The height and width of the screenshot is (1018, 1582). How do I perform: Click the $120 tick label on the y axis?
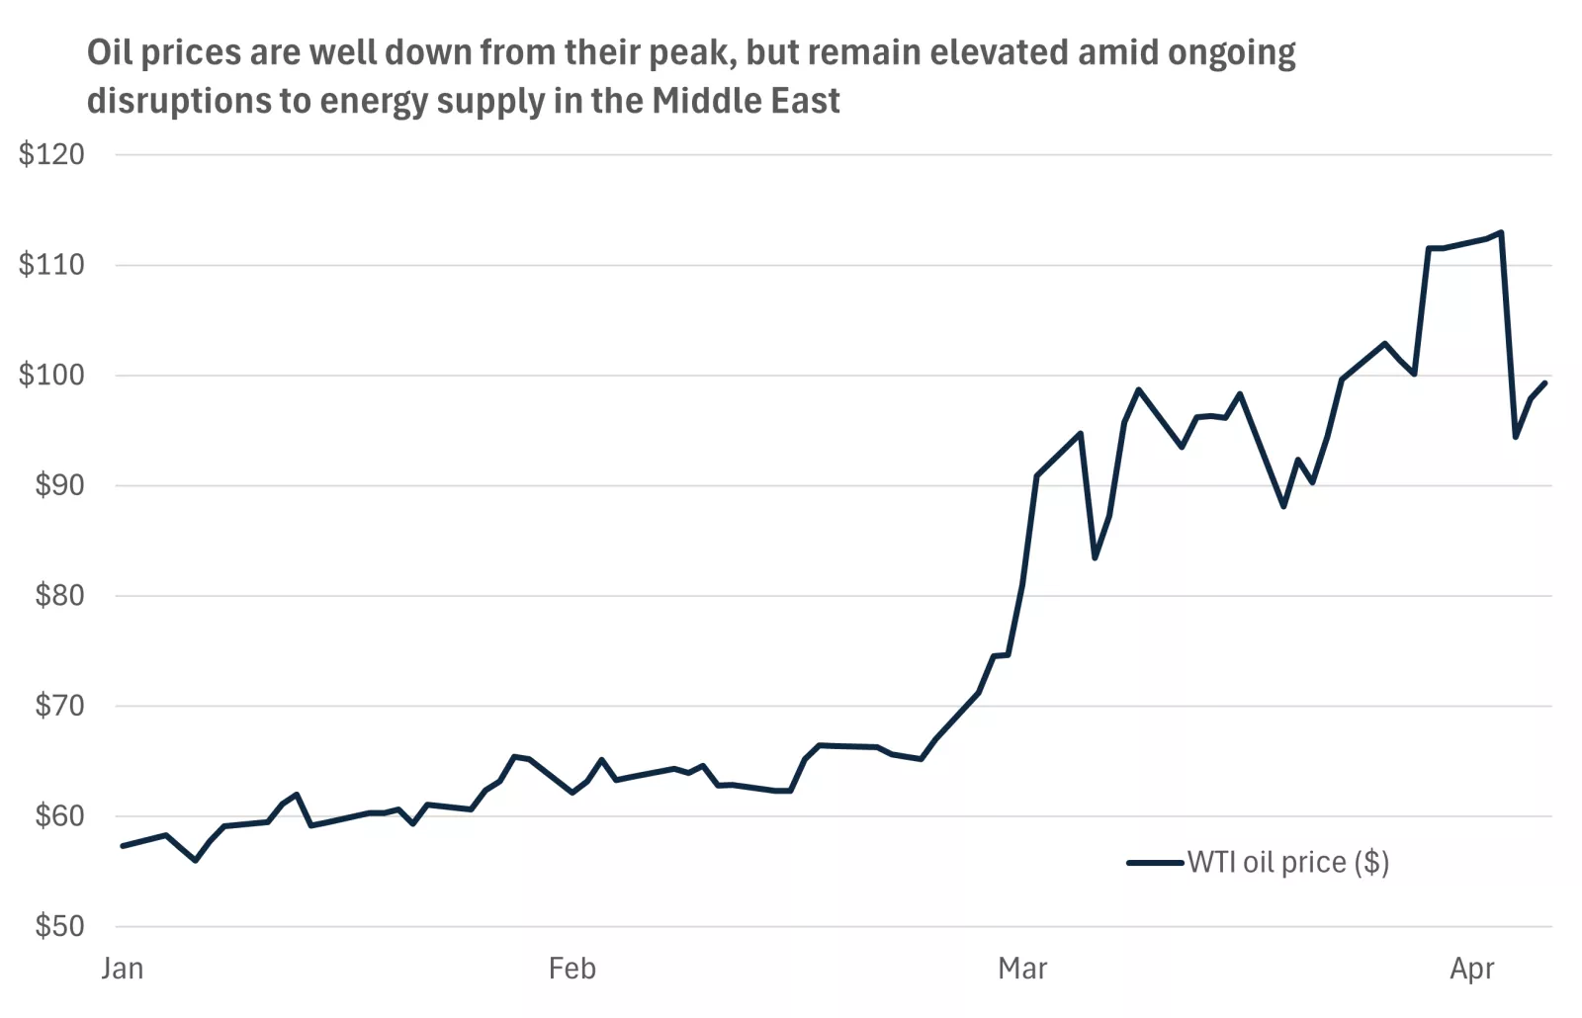click(x=51, y=154)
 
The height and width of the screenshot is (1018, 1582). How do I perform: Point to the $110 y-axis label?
click(x=51, y=265)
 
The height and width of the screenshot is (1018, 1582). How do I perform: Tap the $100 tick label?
click(x=51, y=376)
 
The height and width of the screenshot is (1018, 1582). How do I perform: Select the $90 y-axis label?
click(x=59, y=485)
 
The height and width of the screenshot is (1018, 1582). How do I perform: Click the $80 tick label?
click(x=59, y=596)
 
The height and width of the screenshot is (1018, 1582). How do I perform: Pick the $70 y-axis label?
click(x=59, y=706)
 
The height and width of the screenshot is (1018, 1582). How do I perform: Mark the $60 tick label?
click(x=59, y=816)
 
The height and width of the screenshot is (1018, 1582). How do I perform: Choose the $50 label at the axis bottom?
click(x=59, y=926)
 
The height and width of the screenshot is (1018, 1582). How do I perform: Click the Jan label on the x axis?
click(x=123, y=969)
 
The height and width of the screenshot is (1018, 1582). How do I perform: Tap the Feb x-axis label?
click(x=572, y=969)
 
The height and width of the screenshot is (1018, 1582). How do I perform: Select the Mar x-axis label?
click(x=1022, y=969)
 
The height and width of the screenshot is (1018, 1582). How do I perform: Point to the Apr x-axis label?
click(x=1472, y=969)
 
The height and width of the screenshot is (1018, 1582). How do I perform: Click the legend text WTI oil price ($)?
click(x=1288, y=863)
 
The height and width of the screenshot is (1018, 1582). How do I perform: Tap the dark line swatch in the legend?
click(x=1155, y=863)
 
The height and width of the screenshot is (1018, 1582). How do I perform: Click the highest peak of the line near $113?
click(x=1501, y=233)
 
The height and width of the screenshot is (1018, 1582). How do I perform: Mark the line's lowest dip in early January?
click(x=195, y=860)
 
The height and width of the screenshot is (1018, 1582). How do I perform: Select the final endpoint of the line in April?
click(x=1544, y=383)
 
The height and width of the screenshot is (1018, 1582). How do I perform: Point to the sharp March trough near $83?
click(x=1095, y=557)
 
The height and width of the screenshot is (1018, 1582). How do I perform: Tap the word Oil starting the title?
click(x=109, y=52)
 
